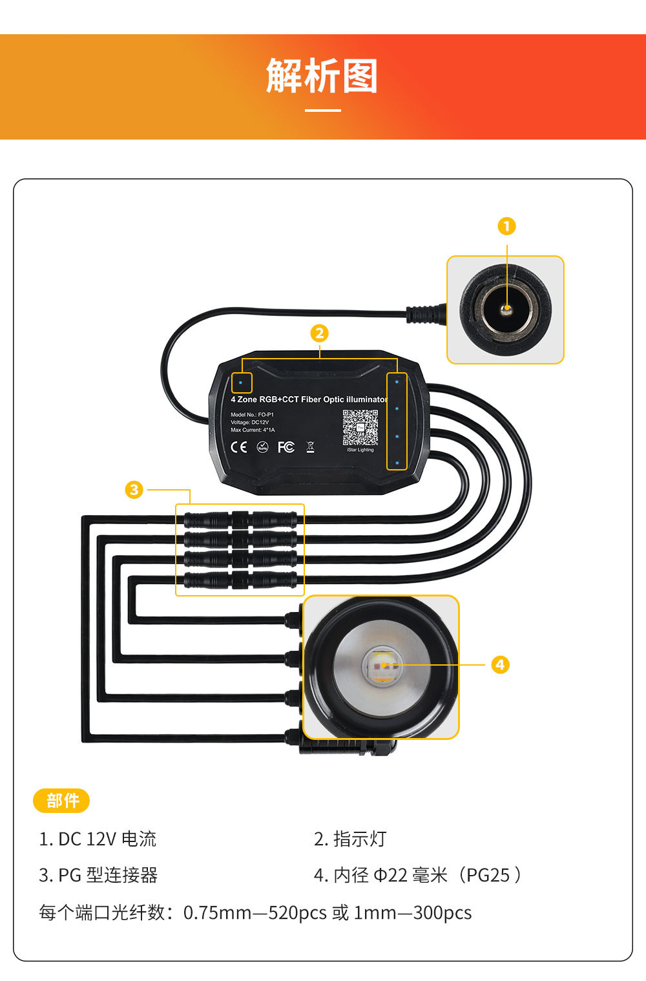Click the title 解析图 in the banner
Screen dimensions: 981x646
(322, 76)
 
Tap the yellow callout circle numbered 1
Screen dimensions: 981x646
(506, 226)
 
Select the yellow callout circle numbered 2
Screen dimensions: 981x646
(319, 333)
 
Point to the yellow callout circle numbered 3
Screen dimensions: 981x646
(134, 489)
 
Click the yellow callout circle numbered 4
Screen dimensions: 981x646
(500, 664)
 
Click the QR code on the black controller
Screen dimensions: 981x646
(360, 427)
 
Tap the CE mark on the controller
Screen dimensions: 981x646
(239, 447)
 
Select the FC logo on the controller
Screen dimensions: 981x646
(286, 447)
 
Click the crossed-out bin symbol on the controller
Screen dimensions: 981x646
(310, 447)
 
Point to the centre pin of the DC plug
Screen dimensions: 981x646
(507, 310)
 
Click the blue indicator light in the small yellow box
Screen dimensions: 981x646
(241, 383)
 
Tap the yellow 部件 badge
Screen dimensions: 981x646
(61, 801)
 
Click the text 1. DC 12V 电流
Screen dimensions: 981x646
(98, 839)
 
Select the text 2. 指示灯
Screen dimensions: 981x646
(350, 839)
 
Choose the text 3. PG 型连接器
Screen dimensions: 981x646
(98, 875)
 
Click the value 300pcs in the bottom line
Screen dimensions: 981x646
(443, 912)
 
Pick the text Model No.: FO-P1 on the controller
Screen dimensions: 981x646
(252, 415)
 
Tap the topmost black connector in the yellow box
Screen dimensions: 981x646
(240, 519)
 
